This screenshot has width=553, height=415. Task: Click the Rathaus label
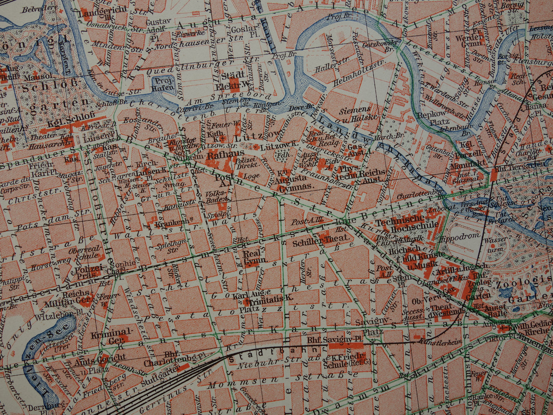221,156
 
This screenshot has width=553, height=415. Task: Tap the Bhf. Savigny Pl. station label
326,340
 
